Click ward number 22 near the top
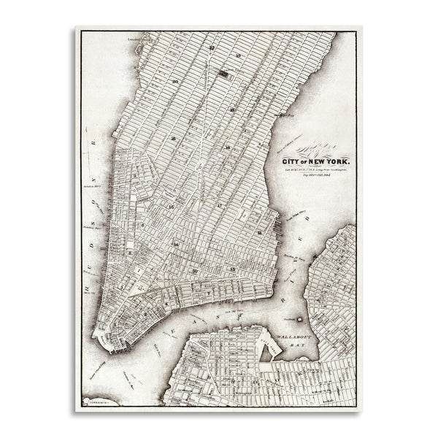click(x=212, y=47)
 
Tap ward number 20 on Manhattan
click(x=175, y=81)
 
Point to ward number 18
click(x=228, y=148)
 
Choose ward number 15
click(x=170, y=207)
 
